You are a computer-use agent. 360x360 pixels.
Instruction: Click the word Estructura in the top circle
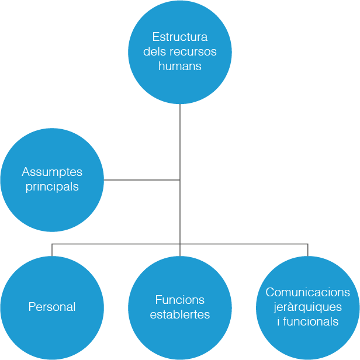pyautogui.click(x=180, y=37)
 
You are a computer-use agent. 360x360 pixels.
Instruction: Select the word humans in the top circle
pyautogui.click(x=180, y=66)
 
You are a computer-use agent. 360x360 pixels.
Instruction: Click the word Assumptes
pyautogui.click(x=52, y=172)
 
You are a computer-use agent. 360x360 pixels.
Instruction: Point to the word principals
pyautogui.click(x=52, y=187)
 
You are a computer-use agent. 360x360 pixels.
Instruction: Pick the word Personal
pyautogui.click(x=52, y=307)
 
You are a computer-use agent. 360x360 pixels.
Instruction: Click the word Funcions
pyautogui.click(x=180, y=300)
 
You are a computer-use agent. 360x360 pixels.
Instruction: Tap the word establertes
pyautogui.click(x=180, y=314)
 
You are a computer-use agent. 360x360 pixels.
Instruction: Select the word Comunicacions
pyautogui.click(x=308, y=292)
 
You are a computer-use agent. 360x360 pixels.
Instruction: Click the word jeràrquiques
pyautogui.click(x=308, y=307)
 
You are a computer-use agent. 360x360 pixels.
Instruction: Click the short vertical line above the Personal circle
pyautogui.click(x=52, y=250)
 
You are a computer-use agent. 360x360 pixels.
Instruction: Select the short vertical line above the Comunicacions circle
pyautogui.click(x=308, y=250)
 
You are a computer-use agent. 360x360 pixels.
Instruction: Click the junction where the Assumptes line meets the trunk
pyautogui.click(x=180, y=180)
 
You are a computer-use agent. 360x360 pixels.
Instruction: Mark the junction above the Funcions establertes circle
pyautogui.click(x=180, y=244)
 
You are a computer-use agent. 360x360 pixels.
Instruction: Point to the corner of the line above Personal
pyautogui.click(x=52, y=244)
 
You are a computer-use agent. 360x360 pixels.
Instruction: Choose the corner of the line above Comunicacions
pyautogui.click(x=308, y=244)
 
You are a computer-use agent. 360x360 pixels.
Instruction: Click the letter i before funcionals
pyautogui.click(x=278, y=321)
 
